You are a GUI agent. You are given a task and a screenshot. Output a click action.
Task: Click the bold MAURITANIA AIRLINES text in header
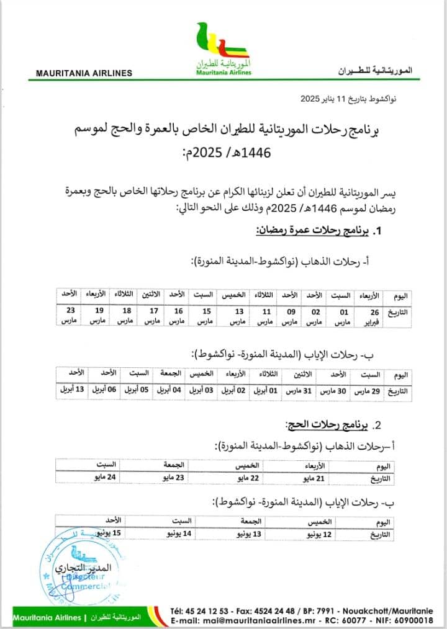coord(84,73)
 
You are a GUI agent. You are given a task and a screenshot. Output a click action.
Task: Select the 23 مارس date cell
coord(71,317)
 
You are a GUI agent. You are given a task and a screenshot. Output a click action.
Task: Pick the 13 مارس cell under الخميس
coord(238,317)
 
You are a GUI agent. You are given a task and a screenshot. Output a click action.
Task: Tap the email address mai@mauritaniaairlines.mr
coord(274,620)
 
